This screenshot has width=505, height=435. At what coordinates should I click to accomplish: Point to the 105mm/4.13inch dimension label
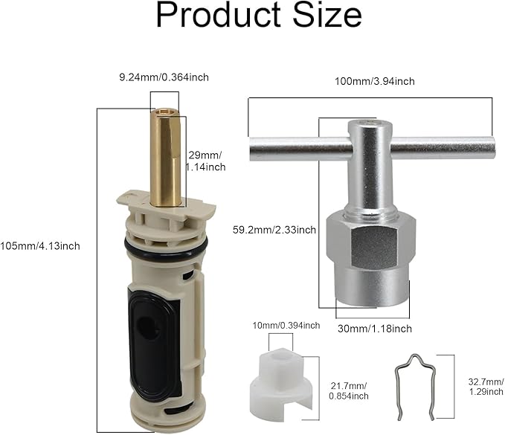pyautogui.click(x=41, y=246)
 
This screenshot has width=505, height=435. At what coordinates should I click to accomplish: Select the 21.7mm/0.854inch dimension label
pyautogui.click(x=348, y=390)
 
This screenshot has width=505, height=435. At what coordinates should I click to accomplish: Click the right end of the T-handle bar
pyautogui.click(x=487, y=146)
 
